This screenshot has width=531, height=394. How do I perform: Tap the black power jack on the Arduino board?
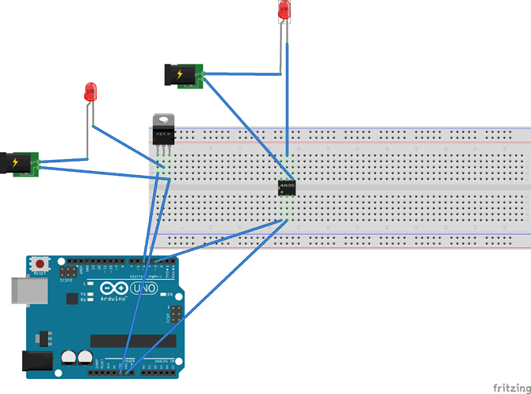(x=35, y=362)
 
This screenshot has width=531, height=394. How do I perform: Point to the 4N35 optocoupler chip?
(x=288, y=188)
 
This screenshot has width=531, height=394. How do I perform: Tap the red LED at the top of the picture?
(x=285, y=10)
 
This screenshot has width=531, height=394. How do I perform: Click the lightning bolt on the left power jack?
(x=14, y=163)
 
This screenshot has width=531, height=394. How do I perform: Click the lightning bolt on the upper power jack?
(x=180, y=75)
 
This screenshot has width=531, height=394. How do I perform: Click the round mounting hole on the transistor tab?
(x=163, y=121)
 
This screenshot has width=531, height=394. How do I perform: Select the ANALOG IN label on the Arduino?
(x=167, y=360)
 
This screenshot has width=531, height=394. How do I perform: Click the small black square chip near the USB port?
(x=72, y=299)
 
